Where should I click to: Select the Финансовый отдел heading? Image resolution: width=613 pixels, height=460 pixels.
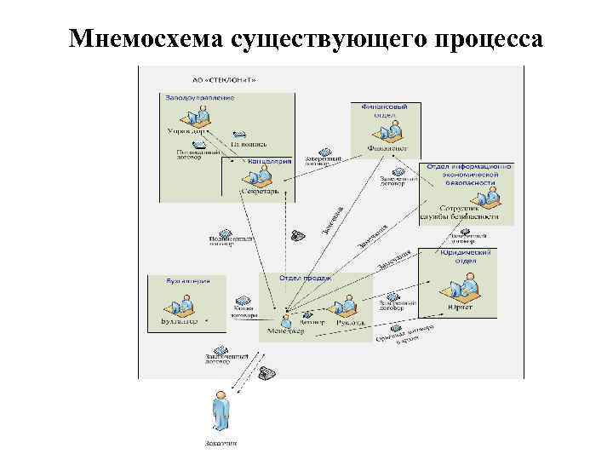coord(379,111)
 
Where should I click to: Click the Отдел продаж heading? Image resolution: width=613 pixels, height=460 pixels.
coord(305,278)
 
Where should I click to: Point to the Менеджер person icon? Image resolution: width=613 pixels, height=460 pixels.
coord(287,318)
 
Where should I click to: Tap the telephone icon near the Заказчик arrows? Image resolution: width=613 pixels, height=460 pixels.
coord(266,371)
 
